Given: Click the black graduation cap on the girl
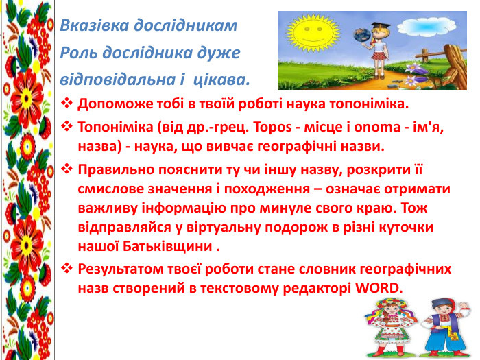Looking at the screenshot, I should tap(381, 25).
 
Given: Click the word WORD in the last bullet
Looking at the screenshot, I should tap(377, 288).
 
